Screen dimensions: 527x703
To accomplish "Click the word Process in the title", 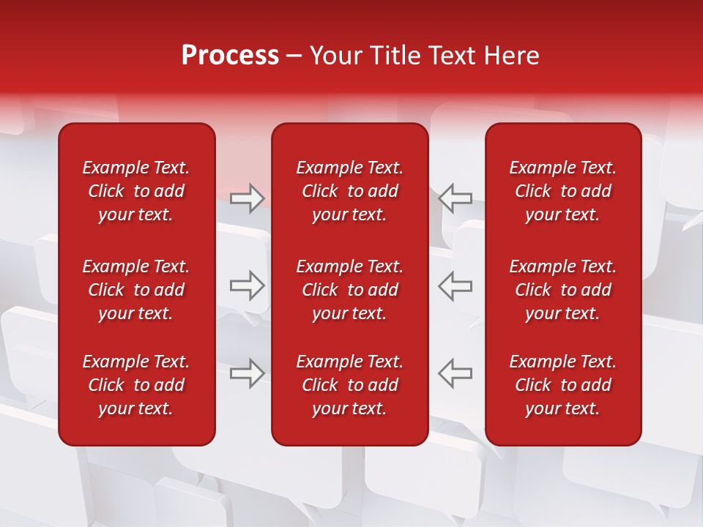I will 230,56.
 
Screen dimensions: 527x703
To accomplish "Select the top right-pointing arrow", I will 247,198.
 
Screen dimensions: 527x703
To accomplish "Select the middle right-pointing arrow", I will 247,285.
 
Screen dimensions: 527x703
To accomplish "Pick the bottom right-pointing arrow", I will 247,373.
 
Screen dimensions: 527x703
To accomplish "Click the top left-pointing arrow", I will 455,198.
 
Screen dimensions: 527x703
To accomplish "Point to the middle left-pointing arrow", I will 455,285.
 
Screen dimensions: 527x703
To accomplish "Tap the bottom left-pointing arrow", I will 455,373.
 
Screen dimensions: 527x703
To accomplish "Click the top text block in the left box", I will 136,191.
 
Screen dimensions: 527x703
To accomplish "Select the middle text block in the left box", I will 136,290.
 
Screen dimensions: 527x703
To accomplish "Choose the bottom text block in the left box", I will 136,385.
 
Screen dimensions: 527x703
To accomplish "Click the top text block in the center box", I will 349,191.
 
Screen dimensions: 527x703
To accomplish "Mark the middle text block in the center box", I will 349,290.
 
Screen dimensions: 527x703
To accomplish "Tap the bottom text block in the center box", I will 349,385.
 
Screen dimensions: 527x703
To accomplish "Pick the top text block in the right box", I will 562,191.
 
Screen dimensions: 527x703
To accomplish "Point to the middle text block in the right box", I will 562,290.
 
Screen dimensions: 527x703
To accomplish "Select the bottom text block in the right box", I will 562,385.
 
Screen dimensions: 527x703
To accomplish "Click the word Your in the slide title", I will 337,56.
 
